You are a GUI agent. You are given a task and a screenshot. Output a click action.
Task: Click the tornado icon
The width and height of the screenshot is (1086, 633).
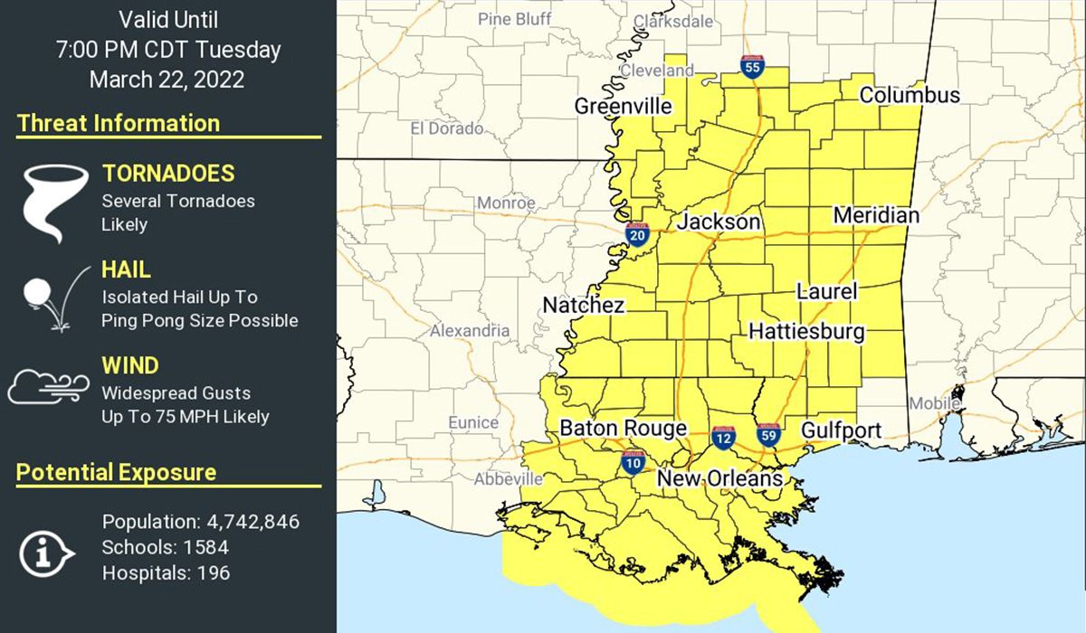[x=50, y=204]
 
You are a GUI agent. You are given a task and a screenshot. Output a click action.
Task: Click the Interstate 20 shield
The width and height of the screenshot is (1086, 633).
[x=637, y=235]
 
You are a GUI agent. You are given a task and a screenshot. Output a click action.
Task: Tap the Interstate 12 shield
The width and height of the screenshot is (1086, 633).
[x=723, y=438]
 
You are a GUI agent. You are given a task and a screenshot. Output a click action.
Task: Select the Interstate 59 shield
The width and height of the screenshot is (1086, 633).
[x=768, y=434]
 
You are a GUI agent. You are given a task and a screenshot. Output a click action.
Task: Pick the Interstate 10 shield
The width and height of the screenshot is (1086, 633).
[x=633, y=463]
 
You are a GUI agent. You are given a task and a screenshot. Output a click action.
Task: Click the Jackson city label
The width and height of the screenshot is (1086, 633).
[x=719, y=222]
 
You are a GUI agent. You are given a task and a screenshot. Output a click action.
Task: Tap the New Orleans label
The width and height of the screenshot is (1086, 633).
[x=719, y=478]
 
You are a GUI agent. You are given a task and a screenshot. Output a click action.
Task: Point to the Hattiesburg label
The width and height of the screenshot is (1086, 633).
[x=806, y=332]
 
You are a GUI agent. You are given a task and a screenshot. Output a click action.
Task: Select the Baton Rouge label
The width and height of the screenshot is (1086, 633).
[x=624, y=429]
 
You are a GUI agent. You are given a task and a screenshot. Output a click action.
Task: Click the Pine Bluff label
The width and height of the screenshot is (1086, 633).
[x=514, y=19]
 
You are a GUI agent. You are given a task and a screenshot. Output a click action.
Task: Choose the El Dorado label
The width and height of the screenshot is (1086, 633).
[x=446, y=128]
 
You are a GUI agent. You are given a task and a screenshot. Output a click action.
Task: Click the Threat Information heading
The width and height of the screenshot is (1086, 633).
[x=119, y=123]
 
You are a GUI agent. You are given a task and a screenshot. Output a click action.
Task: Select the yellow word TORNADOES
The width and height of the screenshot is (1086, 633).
[x=168, y=174]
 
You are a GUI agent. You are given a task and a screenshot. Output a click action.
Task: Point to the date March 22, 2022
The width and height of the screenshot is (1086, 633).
[x=167, y=79]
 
